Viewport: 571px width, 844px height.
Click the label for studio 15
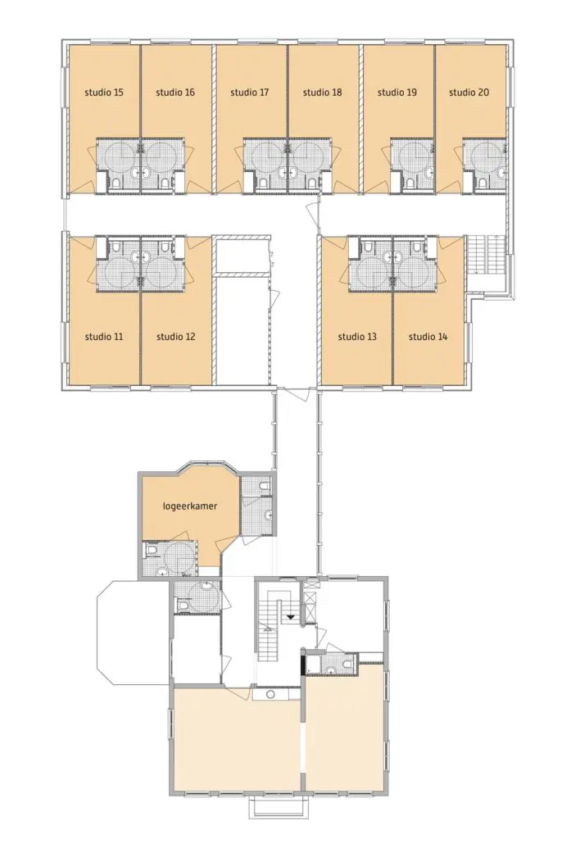pos(104,93)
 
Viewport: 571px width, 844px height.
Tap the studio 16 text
pos(175,93)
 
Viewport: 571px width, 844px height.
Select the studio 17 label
pos(249,93)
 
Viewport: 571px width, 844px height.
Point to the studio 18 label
pos(322,93)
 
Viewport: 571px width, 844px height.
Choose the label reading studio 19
pos(397,93)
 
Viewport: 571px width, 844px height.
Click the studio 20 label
pos(469,93)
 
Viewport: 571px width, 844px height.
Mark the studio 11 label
pos(104,337)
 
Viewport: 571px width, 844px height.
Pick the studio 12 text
pos(176,337)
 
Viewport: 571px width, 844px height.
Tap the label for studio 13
pos(357,337)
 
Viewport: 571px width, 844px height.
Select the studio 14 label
pos(428,337)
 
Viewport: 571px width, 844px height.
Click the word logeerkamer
pos(190,506)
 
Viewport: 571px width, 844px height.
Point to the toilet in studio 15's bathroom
pos(116,183)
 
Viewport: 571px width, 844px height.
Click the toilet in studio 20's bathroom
pos(483,183)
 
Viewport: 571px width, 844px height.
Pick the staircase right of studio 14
pos(484,254)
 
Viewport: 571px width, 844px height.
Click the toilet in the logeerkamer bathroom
pos(152,550)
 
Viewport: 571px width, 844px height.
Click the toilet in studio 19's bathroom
pos(410,183)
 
